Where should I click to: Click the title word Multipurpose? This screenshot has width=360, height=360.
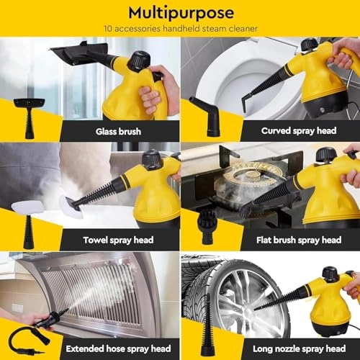click(x=179, y=13)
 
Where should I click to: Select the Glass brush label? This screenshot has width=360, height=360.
click(x=120, y=131)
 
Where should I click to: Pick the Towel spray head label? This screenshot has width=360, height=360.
click(x=120, y=240)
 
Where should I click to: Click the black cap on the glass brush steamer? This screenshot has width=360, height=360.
click(x=139, y=60)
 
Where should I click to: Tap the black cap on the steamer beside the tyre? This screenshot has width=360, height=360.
click(x=330, y=274)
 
